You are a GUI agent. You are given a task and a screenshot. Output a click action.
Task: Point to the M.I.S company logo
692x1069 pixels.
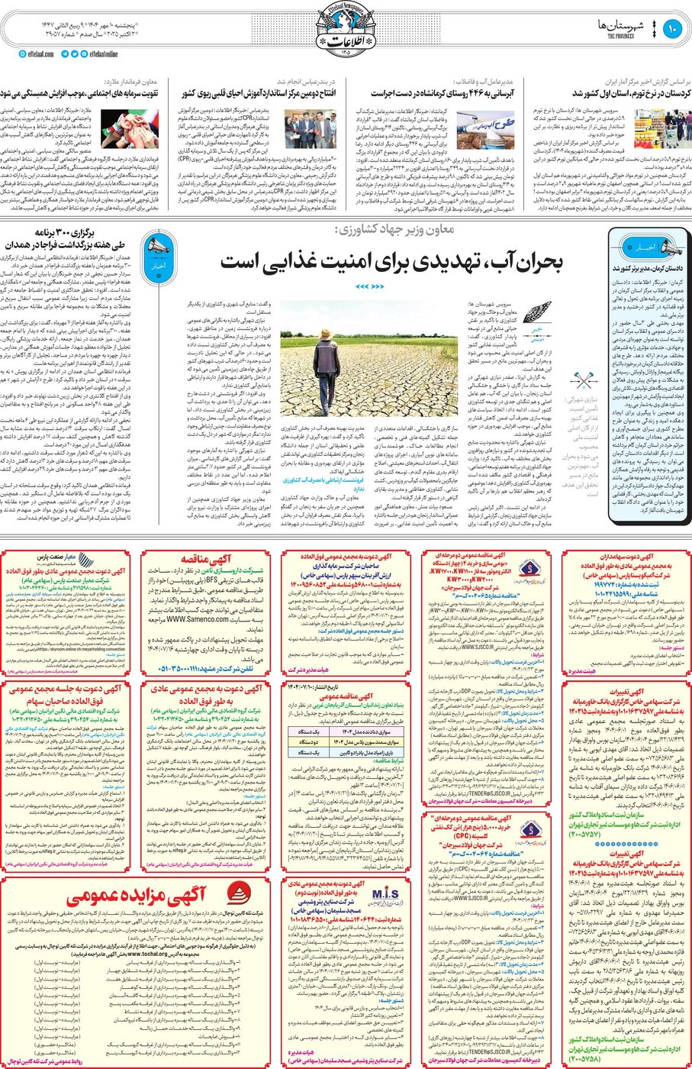(x=379, y=894)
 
